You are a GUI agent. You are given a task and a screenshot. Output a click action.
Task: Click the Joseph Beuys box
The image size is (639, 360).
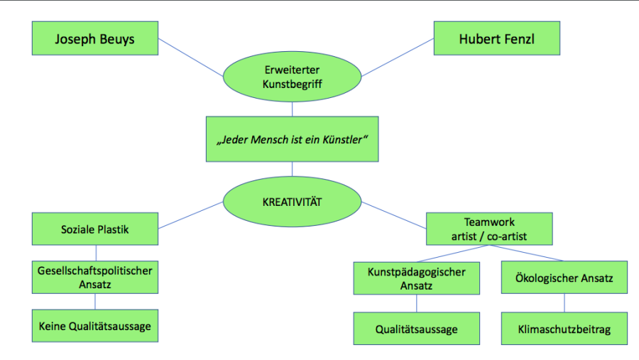coord(95,39)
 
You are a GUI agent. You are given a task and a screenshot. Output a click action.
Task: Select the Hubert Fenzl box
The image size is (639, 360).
coord(497,39)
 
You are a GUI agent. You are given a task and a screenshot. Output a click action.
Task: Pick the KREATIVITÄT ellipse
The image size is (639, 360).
coord(292,202)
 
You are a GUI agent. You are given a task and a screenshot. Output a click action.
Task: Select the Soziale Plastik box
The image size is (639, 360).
coord(95,230)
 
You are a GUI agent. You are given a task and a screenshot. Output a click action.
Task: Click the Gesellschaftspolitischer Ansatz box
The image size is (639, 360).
coord(95,277)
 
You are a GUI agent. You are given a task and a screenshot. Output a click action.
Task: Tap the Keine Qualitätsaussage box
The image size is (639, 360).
coord(95,327)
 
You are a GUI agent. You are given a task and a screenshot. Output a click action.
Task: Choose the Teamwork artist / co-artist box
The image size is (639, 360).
coord(489,229)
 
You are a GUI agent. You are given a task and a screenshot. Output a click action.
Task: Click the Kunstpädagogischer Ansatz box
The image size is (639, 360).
coord(416,278)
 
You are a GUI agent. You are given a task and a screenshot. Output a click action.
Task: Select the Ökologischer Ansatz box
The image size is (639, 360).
coord(564,278)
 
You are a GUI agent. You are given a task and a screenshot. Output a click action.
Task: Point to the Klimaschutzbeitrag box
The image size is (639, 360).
coord(564,329)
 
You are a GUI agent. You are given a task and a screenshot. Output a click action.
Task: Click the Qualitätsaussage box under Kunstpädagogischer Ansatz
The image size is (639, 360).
coord(416,329)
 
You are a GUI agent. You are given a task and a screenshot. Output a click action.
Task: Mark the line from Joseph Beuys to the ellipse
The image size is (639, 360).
coord(190,57)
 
